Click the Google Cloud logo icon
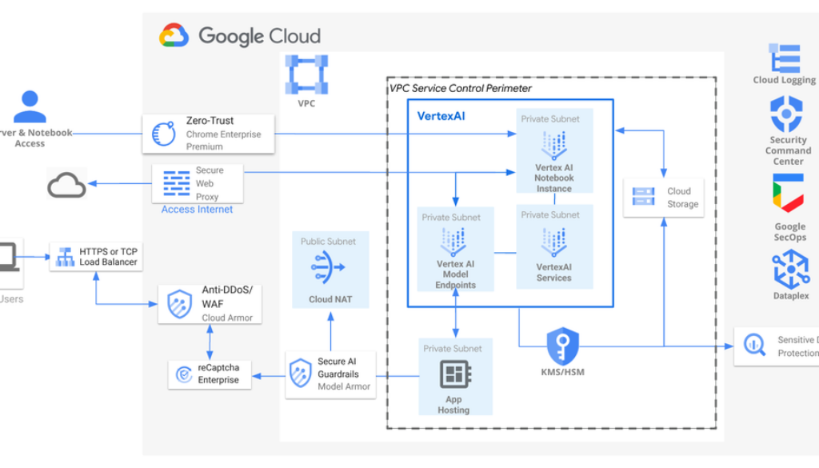click(174, 36)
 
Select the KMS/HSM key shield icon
click(562, 346)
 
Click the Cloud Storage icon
click(644, 197)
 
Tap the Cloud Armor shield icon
click(179, 304)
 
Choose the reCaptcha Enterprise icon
click(183, 374)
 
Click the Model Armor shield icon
click(301, 373)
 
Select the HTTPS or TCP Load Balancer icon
click(64, 258)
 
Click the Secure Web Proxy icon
click(176, 183)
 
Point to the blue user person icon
click(30, 106)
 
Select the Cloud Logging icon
click(785, 58)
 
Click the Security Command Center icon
click(786, 114)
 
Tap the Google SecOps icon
click(788, 195)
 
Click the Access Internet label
click(197, 210)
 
